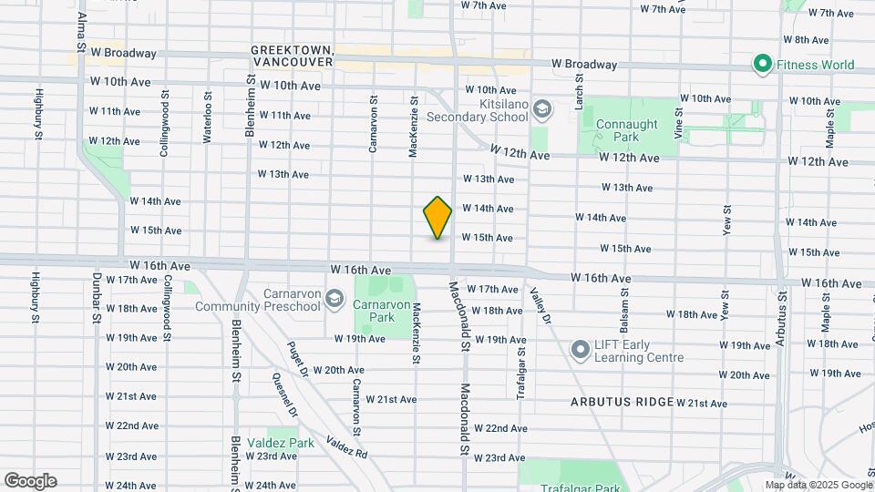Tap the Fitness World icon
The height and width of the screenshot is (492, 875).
[762, 64]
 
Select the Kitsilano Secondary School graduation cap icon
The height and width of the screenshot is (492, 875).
[542, 110]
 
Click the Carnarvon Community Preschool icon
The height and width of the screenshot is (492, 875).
[335, 300]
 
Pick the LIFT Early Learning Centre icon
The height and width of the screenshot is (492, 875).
[580, 350]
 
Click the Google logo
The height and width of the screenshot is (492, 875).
[30, 481]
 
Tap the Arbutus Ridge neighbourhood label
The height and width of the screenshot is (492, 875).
[623, 402]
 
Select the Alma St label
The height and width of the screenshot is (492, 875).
[81, 31]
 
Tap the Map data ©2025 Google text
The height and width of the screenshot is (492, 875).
[818, 485]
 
